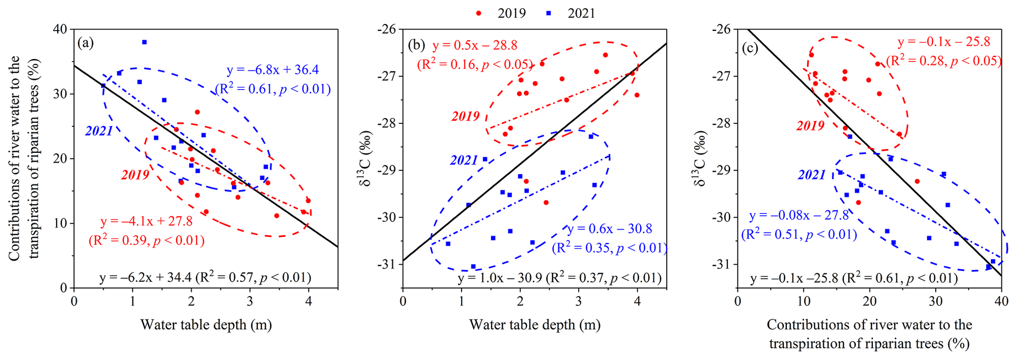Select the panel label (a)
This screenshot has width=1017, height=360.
(x=85, y=43)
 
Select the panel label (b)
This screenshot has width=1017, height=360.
(x=416, y=46)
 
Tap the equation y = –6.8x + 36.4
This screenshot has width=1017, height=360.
(x=273, y=70)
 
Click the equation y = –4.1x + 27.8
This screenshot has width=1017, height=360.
(x=146, y=221)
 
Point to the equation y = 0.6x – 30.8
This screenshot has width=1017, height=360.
(x=610, y=229)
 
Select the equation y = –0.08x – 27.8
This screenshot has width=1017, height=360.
(x=799, y=215)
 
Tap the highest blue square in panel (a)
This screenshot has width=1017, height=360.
(x=144, y=42)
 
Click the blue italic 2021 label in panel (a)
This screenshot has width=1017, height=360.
(x=99, y=131)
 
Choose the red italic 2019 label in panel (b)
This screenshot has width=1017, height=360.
(x=465, y=117)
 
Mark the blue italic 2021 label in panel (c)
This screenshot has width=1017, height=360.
(x=811, y=175)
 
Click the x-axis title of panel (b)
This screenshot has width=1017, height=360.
(x=534, y=325)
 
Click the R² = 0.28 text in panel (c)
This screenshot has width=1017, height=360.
(x=943, y=61)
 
